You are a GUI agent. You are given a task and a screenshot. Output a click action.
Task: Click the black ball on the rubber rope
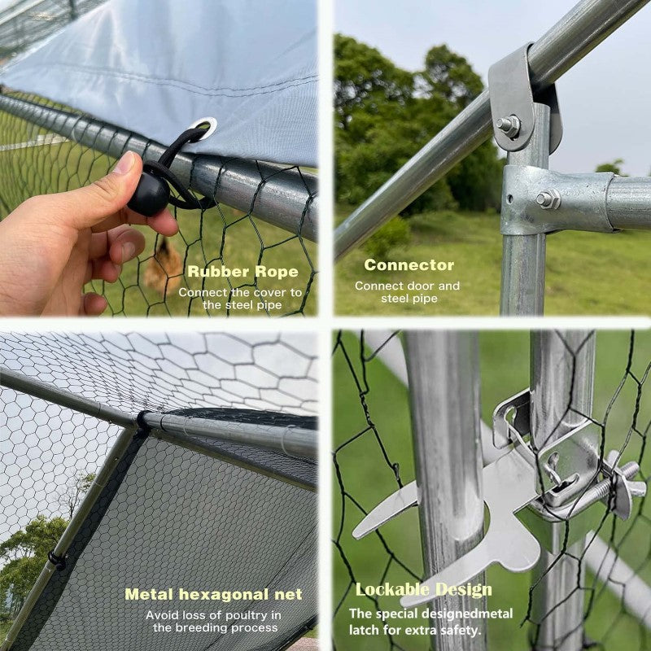point(148,194)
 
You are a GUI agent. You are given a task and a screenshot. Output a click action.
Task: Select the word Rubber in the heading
point(218,272)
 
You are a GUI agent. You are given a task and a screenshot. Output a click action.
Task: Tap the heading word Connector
point(409,265)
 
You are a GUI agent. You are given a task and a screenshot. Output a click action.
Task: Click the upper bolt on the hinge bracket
point(508,126)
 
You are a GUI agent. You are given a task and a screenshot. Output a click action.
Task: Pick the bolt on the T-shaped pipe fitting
point(548,199)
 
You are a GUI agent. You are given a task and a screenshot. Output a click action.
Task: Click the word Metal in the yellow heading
point(149,594)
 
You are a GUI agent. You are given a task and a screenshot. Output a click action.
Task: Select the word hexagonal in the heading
point(224,595)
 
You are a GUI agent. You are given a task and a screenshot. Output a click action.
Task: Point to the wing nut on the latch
point(623,486)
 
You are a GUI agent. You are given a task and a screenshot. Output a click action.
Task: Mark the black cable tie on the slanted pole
point(57,561)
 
